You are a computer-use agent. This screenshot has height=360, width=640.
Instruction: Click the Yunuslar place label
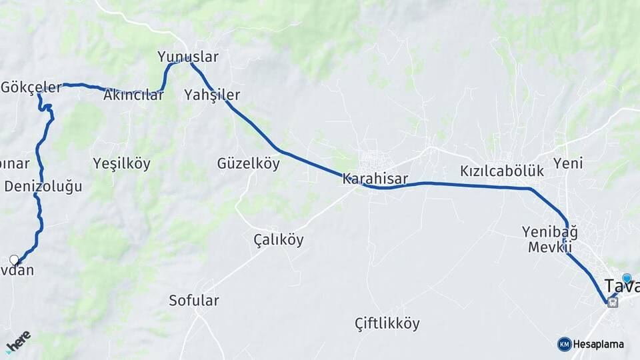187,57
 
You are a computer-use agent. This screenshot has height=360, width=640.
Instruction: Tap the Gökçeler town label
31,87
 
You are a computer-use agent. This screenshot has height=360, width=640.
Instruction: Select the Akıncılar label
133,95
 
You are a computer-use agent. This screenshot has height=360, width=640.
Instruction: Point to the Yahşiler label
212,95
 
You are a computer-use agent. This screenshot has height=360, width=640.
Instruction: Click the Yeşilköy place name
121,163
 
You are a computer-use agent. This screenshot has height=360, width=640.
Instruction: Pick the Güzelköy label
248,163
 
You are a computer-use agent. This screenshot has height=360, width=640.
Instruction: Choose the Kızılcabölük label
502,171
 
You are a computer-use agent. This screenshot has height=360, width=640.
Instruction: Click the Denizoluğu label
43,186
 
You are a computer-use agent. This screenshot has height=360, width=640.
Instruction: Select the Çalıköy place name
278,239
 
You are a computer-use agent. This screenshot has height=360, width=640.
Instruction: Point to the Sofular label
193,301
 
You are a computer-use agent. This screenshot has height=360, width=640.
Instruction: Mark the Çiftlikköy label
387,324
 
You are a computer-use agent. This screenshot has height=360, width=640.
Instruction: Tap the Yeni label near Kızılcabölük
568,163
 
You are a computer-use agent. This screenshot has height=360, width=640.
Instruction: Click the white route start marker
14,259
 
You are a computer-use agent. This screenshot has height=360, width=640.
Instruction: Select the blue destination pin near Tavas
626,278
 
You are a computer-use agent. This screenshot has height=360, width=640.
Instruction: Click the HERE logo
18,341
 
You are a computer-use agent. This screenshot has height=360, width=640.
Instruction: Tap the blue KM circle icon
564,344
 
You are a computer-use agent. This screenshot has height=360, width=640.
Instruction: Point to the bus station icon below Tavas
612,302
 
